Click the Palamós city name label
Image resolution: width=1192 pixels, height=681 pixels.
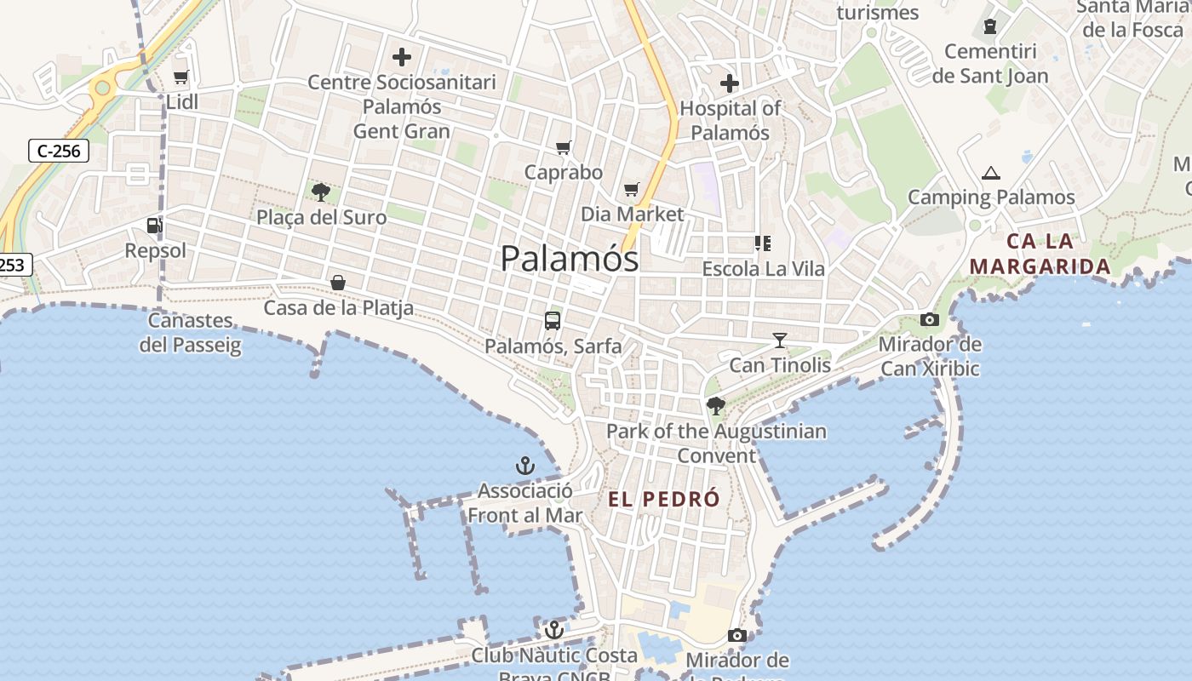tap(570, 258)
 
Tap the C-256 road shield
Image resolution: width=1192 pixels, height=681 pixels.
tap(59, 152)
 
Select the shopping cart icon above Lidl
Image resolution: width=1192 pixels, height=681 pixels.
tap(181, 77)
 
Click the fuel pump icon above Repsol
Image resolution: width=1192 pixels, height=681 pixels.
tap(154, 226)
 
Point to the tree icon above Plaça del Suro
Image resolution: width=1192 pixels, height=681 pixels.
tap(321, 192)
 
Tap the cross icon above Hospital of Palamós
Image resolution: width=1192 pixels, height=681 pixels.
tap(730, 83)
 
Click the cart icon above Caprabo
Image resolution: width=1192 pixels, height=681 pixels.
tap(563, 148)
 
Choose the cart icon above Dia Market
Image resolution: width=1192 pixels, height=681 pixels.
tap(631, 189)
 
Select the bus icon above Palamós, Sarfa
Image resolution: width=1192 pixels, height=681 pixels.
tap(553, 321)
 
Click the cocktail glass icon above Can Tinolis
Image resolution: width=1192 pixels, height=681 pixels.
tap(779, 340)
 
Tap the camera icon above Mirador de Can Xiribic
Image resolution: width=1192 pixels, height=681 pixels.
tap(930, 320)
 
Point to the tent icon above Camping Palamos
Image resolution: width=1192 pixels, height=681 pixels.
tap(990, 173)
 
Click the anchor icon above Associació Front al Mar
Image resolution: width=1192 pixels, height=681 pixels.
tap(525, 466)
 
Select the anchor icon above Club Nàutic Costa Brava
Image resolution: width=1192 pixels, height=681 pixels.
tap(554, 630)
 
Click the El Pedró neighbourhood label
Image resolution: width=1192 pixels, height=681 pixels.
tap(664, 500)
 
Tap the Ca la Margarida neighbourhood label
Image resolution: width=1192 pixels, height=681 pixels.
tap(1040, 254)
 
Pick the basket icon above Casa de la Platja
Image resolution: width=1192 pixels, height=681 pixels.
tap(338, 283)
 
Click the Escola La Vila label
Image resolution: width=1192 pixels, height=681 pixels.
tap(763, 269)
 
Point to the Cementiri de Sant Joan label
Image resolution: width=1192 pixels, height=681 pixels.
tap(990, 64)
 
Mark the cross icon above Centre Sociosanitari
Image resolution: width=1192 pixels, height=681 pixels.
tap(402, 58)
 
